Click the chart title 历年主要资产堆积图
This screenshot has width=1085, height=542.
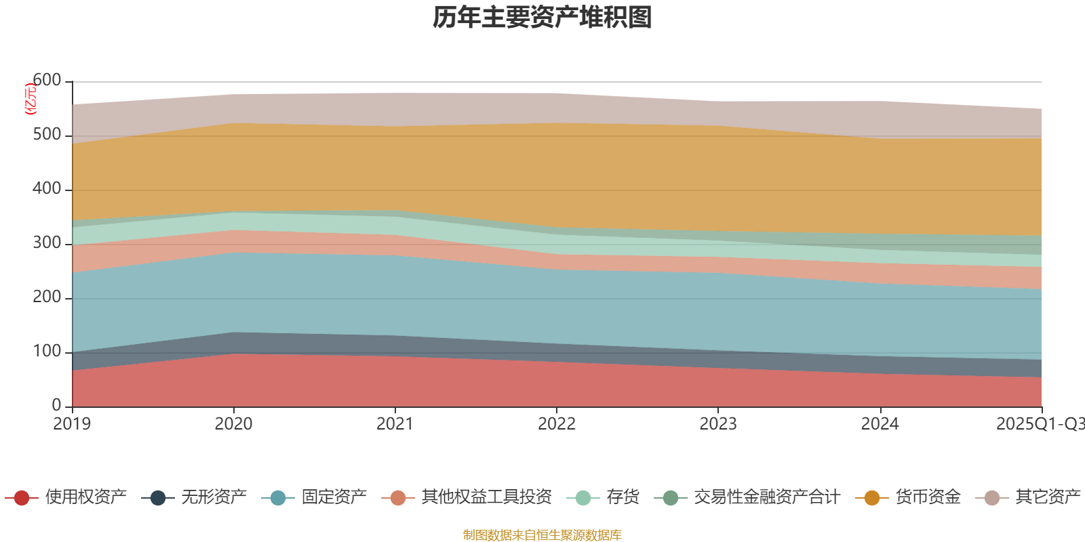coord(542,18)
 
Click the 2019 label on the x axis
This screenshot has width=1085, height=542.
coord(72,424)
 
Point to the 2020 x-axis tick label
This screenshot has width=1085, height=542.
coord(233,424)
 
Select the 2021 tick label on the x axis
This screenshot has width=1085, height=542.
coord(395,424)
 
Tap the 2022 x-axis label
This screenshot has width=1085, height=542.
coord(557,424)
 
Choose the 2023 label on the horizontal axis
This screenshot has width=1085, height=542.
coord(718,424)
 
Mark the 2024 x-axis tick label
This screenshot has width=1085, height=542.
coord(880,424)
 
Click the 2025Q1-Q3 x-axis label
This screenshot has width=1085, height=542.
coord(1039,424)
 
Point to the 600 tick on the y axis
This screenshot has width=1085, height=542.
coord(47,81)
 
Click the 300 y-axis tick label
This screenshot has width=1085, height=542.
coord(47,243)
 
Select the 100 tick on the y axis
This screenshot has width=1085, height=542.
coord(47,352)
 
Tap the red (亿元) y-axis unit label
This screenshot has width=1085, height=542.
coord(30,100)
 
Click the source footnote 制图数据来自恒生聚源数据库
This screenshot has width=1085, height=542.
coord(542,535)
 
